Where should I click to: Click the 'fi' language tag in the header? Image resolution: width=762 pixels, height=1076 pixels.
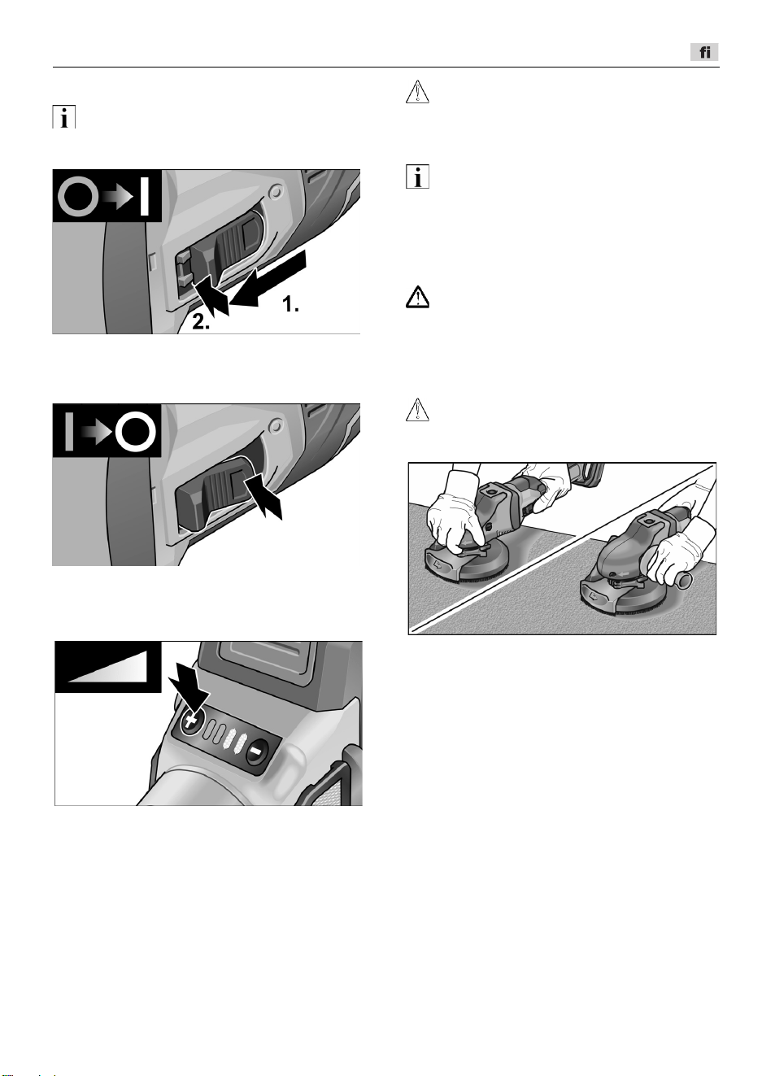704,52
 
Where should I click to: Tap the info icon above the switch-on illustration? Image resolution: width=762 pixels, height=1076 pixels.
64,117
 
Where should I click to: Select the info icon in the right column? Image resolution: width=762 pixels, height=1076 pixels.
417,176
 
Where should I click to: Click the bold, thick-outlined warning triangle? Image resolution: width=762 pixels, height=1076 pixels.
417,298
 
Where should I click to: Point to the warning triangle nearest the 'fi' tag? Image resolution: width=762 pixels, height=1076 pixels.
417,92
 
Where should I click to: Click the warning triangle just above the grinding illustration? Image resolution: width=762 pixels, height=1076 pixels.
417,410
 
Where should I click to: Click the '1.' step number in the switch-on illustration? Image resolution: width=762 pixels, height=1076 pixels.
290,303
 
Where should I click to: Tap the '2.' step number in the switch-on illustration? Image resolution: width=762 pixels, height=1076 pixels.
201,322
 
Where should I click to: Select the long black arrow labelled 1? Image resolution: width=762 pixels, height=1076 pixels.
268,278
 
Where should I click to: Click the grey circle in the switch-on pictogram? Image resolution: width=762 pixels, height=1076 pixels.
77,196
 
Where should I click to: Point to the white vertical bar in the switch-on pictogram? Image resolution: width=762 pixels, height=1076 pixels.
144,196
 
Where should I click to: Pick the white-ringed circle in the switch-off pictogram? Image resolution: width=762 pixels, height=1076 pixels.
136,431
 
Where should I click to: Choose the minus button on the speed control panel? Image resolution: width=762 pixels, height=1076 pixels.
258,749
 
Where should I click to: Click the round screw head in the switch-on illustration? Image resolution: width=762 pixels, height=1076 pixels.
276,193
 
